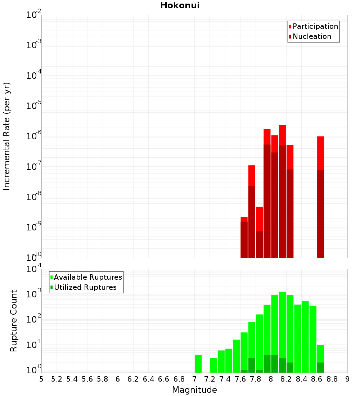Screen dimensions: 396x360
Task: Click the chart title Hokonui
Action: click(180, 5)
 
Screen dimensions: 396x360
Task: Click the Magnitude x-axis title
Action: click(194, 390)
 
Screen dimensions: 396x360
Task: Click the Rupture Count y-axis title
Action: click(14, 321)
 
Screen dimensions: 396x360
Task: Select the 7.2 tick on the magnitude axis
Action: click(210, 379)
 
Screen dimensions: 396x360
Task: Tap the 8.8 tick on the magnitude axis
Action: click(332, 379)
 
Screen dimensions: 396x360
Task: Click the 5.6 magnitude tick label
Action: click(87, 379)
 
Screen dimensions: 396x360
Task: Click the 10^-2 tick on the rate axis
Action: click(33, 15)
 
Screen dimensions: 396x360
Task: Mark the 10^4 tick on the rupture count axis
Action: click(33, 269)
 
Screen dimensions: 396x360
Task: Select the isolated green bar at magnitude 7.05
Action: click(198, 364)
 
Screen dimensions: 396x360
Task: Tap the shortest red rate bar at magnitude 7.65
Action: click(244, 238)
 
